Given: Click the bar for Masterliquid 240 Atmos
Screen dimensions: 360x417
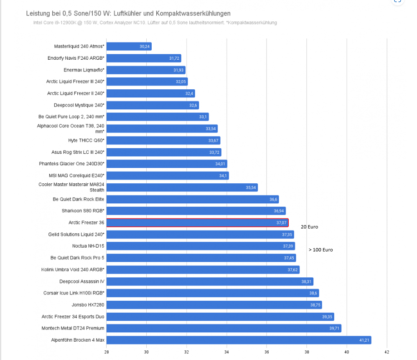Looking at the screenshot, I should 129,46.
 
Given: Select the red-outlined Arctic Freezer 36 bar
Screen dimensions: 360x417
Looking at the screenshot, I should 197,223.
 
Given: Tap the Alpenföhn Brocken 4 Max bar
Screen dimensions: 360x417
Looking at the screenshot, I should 239,340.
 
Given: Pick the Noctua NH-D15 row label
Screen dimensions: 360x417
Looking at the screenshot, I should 88,246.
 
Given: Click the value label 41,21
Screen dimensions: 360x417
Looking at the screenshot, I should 364,340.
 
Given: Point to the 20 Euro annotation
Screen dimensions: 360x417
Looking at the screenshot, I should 309,227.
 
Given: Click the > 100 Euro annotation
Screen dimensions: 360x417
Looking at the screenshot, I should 320,250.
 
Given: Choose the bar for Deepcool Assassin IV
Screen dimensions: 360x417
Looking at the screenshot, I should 210,281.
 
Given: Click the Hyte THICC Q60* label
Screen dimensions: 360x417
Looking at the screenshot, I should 86,140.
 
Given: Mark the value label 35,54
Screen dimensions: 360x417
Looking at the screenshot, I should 251,188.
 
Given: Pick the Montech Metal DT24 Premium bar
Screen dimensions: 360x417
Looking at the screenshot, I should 224,328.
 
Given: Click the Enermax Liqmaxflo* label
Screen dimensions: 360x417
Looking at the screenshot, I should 84,70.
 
